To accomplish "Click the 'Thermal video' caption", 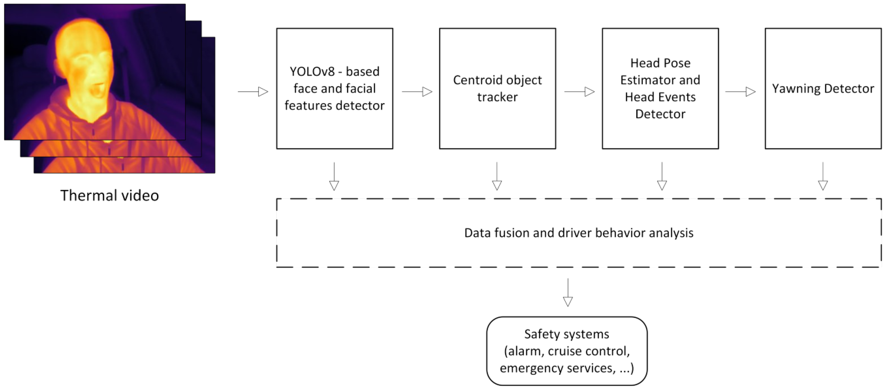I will pyautogui.click(x=110, y=196).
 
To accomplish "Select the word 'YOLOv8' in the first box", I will pyautogui.click(x=312, y=72).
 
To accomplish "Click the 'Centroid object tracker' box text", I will pyautogui.click(x=497, y=88).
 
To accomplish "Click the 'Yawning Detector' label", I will pyautogui.click(x=823, y=89).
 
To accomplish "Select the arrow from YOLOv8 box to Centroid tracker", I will pyautogui.click(x=417, y=92).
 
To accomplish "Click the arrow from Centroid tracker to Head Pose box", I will pyautogui.click(x=579, y=92).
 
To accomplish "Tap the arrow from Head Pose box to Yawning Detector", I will pyautogui.click(x=740, y=92).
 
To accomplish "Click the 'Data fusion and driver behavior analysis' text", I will pyautogui.click(x=579, y=233).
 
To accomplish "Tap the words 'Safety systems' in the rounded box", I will pyautogui.click(x=567, y=334).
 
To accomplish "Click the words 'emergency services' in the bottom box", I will pyautogui.click(x=556, y=368).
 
